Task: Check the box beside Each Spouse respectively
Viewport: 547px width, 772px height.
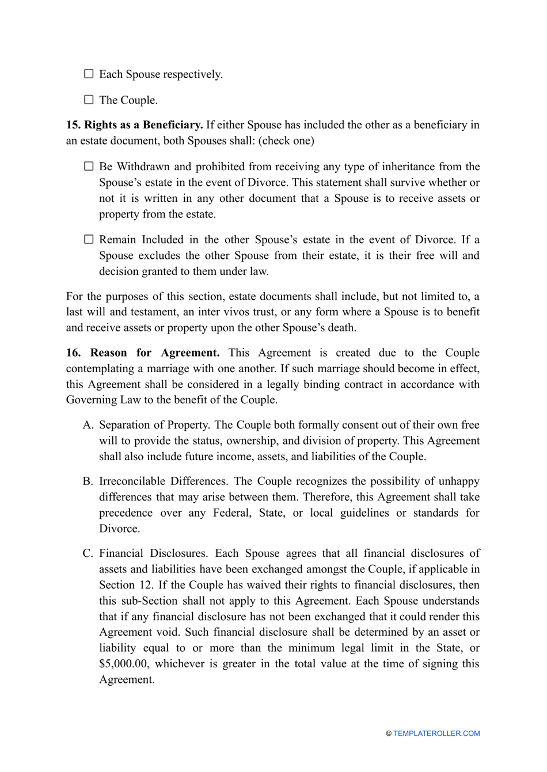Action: coord(89,74)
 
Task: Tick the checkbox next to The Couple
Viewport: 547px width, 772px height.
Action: coord(89,100)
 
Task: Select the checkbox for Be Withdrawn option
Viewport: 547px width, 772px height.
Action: coord(89,166)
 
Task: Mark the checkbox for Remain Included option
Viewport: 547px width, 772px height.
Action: coord(89,239)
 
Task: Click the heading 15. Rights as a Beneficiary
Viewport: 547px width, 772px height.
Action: coord(134,125)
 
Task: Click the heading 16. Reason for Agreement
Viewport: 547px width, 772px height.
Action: coord(143,353)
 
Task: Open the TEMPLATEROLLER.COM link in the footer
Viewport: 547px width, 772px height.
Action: coord(436,733)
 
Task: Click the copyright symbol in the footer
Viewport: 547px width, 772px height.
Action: coord(389,733)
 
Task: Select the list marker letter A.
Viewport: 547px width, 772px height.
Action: coord(88,425)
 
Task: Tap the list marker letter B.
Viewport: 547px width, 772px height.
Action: coord(88,481)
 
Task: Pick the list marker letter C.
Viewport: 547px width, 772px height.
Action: coord(88,553)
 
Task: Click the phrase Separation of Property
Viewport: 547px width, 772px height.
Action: coord(155,425)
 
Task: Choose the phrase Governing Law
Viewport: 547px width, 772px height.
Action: coord(102,400)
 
